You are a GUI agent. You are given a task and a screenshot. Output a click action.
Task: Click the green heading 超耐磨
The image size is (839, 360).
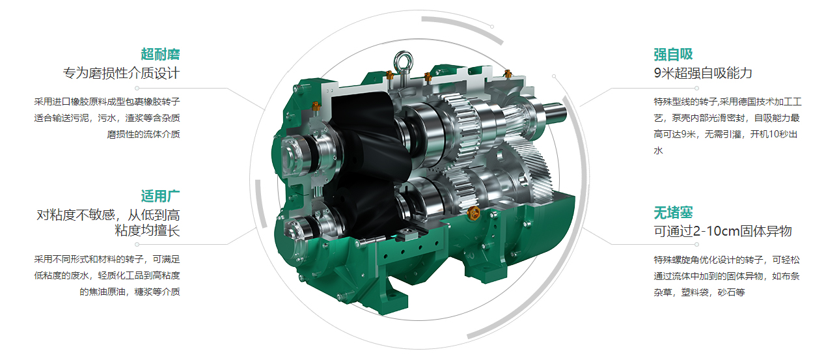coord(160,54)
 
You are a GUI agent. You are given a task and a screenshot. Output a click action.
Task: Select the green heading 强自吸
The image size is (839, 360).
coord(673,54)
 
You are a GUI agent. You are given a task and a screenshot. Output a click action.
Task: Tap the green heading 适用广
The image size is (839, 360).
coord(160,196)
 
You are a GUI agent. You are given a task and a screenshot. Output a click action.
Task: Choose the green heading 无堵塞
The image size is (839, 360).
coord(673,213)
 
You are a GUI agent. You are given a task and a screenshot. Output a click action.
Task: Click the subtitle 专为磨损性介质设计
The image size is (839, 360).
coord(121,73)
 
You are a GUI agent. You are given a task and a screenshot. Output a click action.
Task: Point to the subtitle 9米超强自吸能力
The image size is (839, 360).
coord(703,73)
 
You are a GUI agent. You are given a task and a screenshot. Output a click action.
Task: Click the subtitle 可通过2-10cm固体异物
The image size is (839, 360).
coord(722,231)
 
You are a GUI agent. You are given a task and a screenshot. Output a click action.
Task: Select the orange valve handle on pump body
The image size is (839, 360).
coord(473,212)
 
